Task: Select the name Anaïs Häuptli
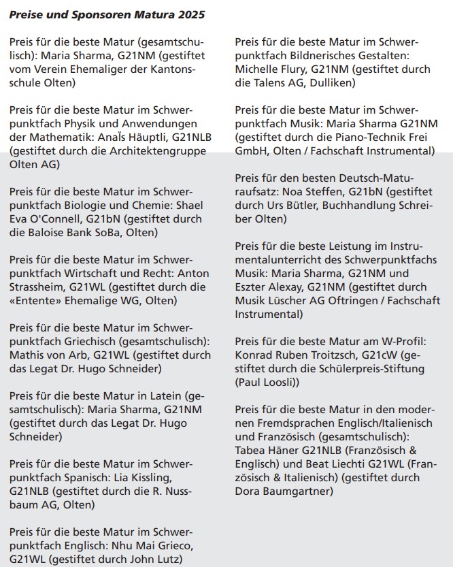coord(135,137)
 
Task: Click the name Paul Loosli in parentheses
coord(267,383)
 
